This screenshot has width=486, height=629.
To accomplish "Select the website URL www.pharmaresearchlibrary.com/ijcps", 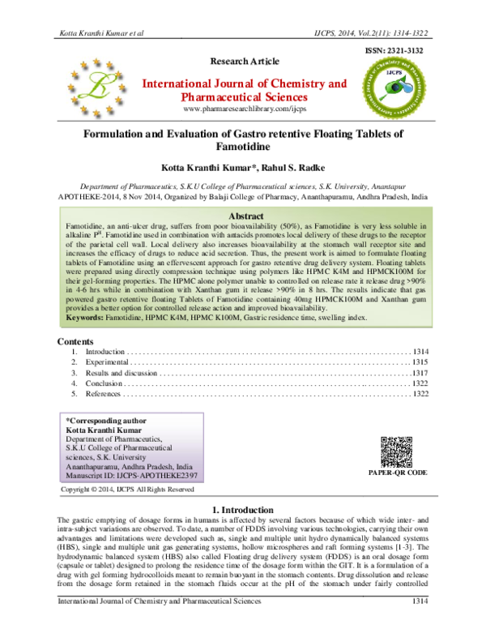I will [x=244, y=109].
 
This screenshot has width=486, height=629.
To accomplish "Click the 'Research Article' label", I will [x=244, y=62].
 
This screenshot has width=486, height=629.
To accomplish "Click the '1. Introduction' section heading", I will [x=244, y=508].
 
